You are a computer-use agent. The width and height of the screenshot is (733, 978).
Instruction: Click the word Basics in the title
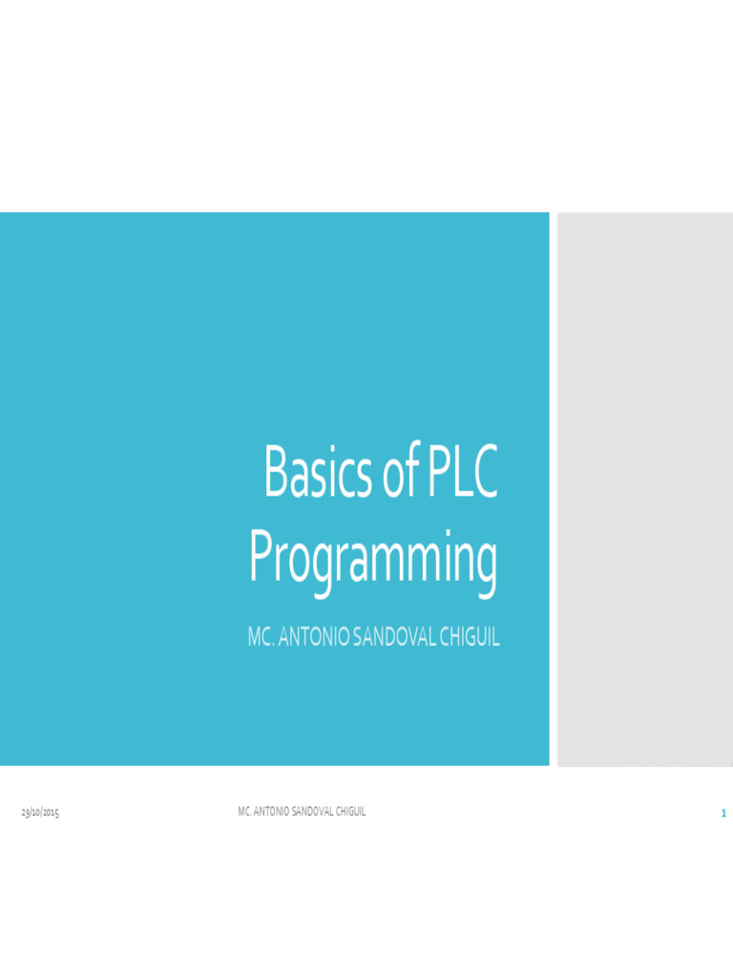[317, 476]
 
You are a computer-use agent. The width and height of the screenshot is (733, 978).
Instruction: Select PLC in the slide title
[462, 476]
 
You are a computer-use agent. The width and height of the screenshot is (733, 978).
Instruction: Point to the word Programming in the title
[373, 562]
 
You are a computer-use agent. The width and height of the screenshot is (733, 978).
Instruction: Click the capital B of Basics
[276, 476]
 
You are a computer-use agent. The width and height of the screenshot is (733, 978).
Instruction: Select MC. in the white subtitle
[262, 638]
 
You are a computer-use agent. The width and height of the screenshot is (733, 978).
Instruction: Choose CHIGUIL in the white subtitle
[468, 638]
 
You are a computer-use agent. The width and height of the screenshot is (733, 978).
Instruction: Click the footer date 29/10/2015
[41, 813]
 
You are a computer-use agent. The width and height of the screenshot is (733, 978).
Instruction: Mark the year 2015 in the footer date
[50, 813]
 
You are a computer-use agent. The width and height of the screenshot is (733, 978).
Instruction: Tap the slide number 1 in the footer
[723, 814]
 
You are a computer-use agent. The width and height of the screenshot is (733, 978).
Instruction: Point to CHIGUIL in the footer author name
[350, 812]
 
